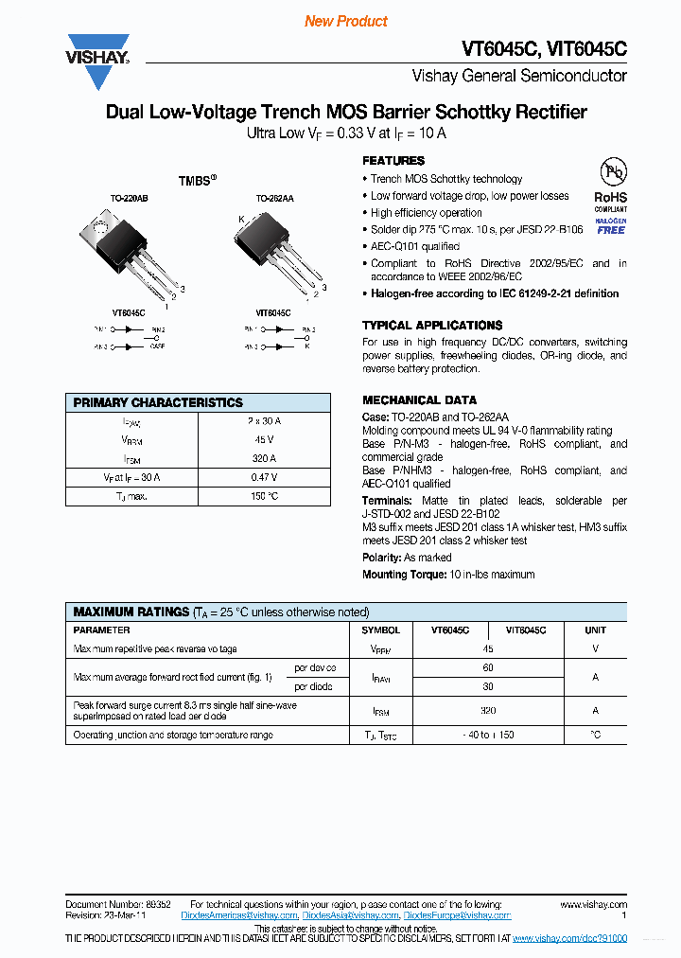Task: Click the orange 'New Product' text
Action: [x=346, y=21]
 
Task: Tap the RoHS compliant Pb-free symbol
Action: [x=612, y=174]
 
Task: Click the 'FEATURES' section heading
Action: [x=393, y=161]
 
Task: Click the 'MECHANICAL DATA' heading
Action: [x=419, y=399]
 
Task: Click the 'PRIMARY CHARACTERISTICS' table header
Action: [x=158, y=402]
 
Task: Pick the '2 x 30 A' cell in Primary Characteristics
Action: [x=264, y=421]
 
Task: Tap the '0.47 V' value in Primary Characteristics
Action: [x=264, y=477]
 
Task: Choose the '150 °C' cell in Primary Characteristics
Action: [x=264, y=496]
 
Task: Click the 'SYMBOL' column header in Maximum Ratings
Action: [x=381, y=630]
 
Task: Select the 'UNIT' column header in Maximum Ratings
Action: [x=595, y=630]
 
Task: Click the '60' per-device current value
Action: [x=488, y=668]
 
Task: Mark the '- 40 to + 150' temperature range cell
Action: [x=488, y=735]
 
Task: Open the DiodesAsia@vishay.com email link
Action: [x=353, y=915]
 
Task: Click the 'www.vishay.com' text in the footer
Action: [x=593, y=905]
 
